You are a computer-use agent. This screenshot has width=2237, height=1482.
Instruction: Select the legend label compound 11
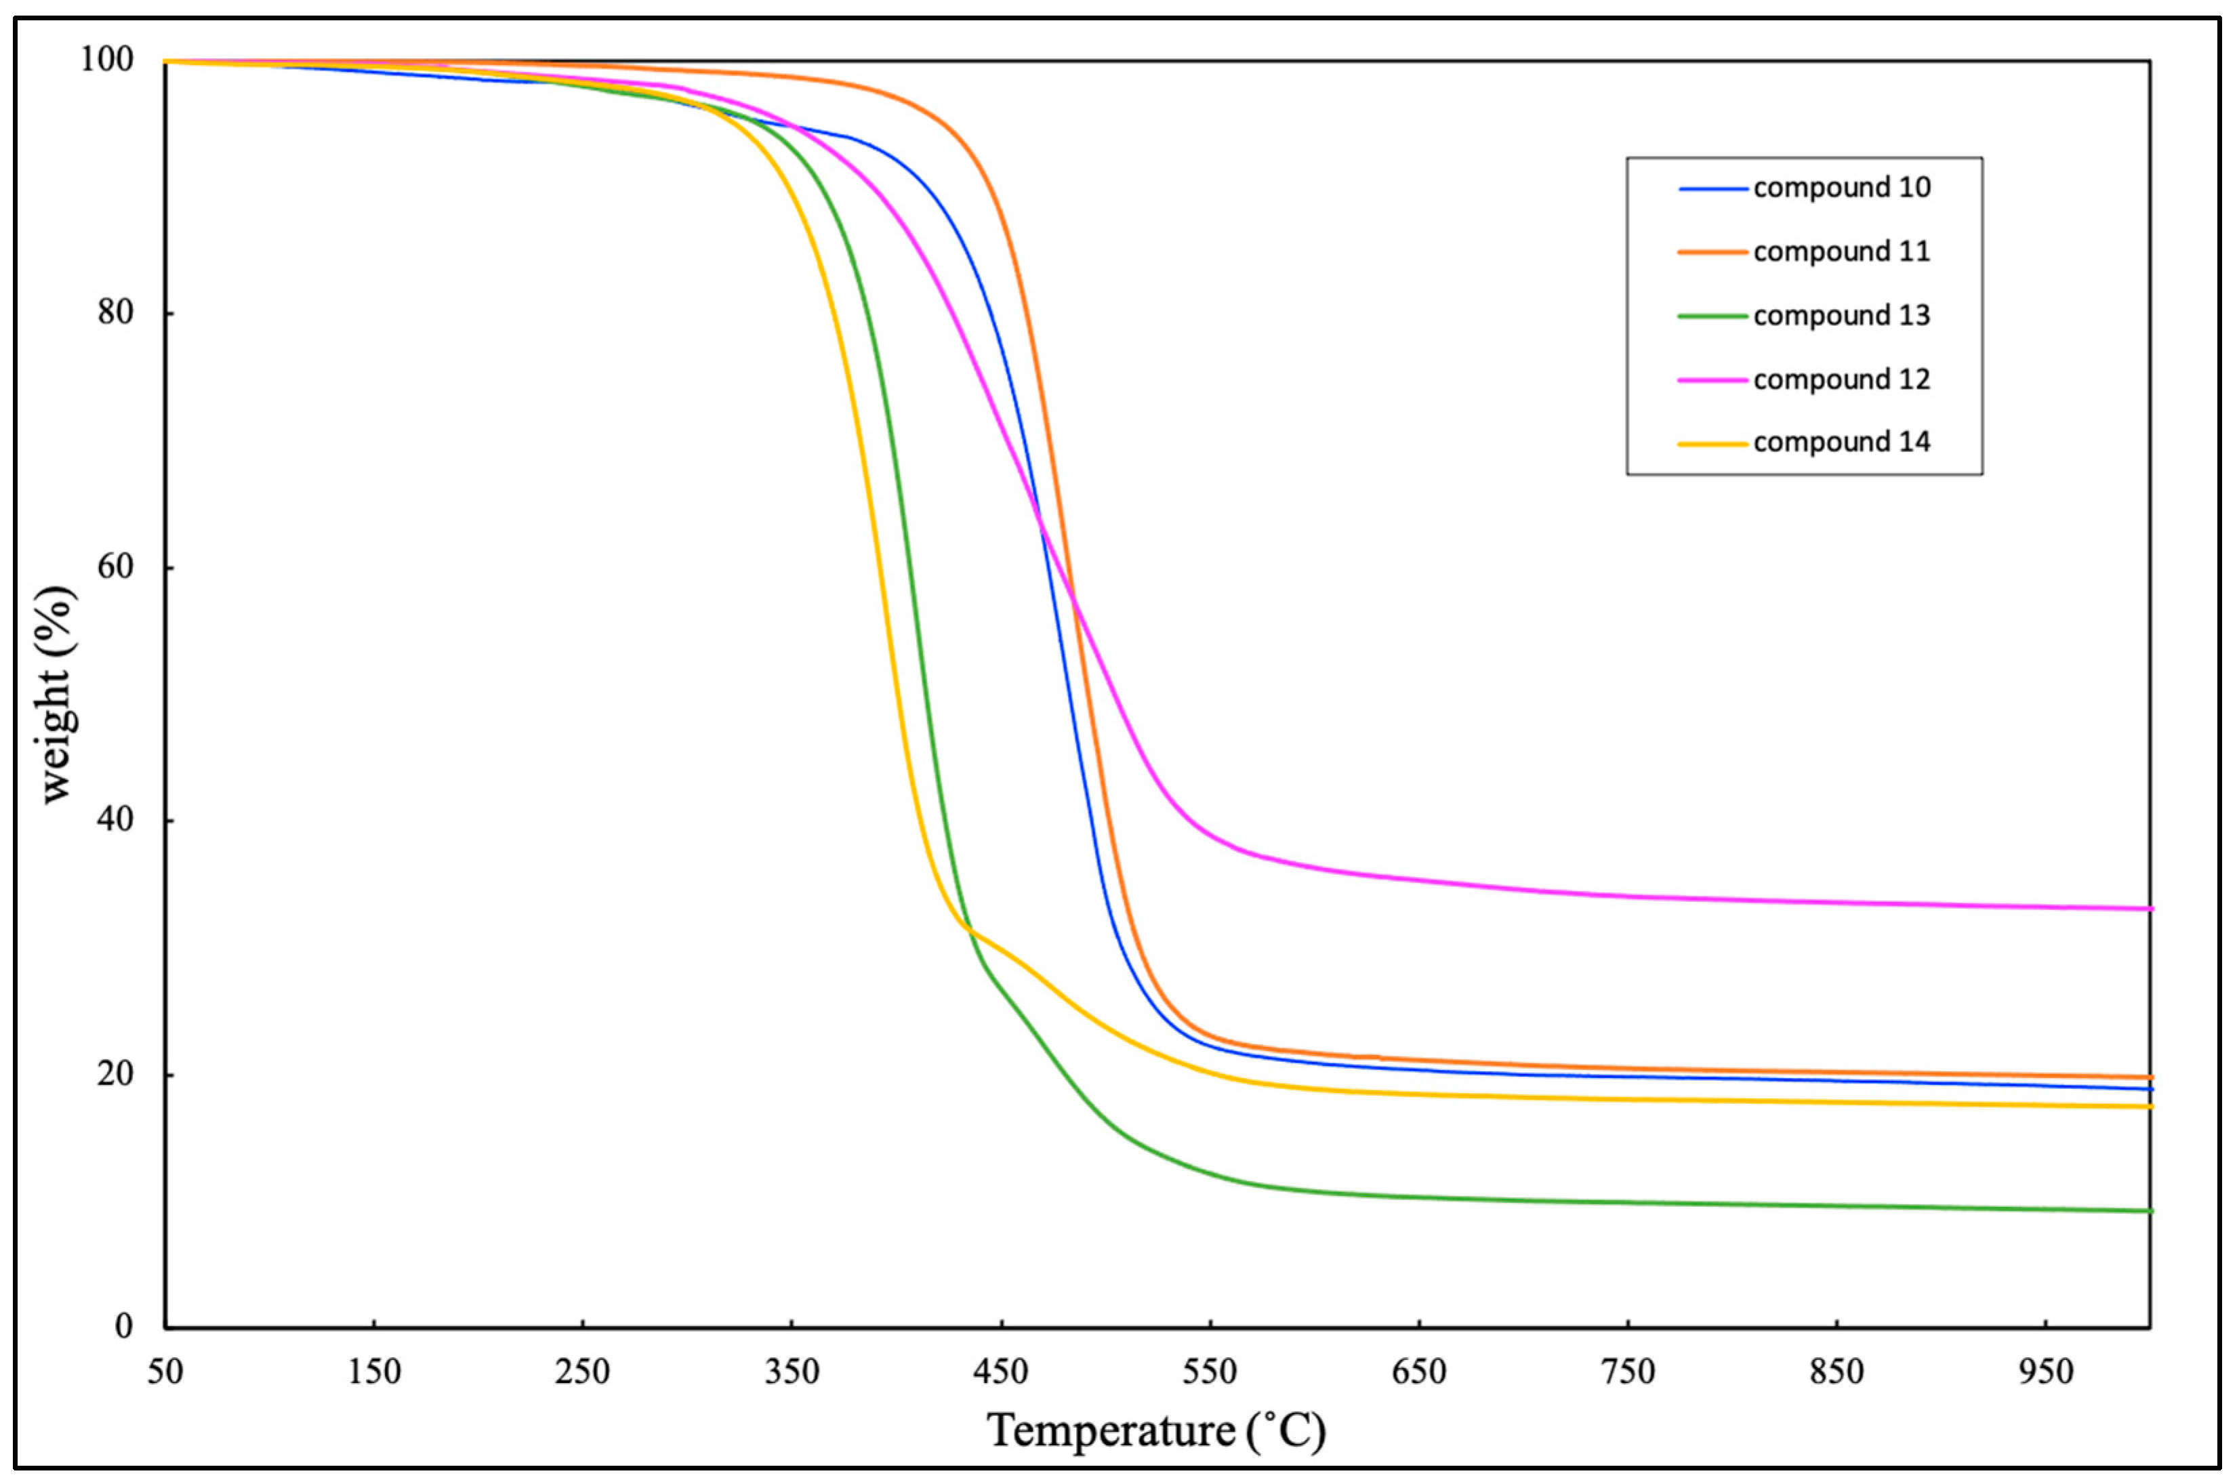pos(1841,252)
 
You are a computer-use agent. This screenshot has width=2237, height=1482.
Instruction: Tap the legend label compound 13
pos(1841,316)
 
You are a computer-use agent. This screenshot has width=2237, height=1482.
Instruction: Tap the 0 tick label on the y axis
pos(125,1327)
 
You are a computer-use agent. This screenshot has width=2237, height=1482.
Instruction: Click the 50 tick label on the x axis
pos(165,1372)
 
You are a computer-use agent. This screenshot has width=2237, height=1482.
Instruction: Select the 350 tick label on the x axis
pos(791,1372)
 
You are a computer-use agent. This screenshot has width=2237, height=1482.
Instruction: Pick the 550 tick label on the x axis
pos(1210,1372)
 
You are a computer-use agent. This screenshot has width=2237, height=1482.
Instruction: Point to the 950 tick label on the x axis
pos(2046,1372)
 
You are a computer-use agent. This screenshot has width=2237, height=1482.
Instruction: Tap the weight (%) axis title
pos(57,695)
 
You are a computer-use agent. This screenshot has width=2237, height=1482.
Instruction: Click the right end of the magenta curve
pos(2149,908)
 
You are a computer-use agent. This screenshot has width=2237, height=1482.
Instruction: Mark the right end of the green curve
pos(2149,1211)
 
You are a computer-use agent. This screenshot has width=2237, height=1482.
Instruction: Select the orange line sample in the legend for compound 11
pos(1712,252)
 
